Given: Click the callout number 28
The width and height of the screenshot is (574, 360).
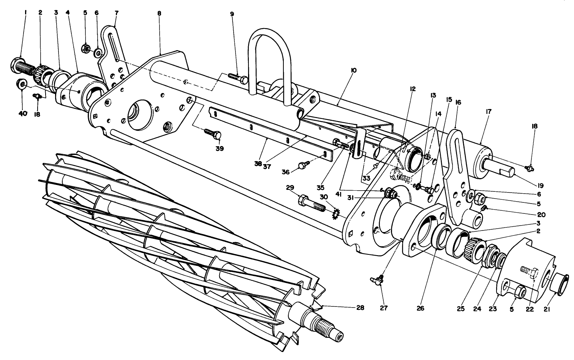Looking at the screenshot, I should pos(360,308).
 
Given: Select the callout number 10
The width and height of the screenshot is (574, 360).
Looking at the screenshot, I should pos(354,71).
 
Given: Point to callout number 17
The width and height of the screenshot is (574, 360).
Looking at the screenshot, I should pos(489,112).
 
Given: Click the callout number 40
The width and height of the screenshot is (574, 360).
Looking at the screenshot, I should pos(23,113).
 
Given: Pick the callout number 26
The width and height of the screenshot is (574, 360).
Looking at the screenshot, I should pos(420,308).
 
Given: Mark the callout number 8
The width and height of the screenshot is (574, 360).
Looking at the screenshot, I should pos(159,13).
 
